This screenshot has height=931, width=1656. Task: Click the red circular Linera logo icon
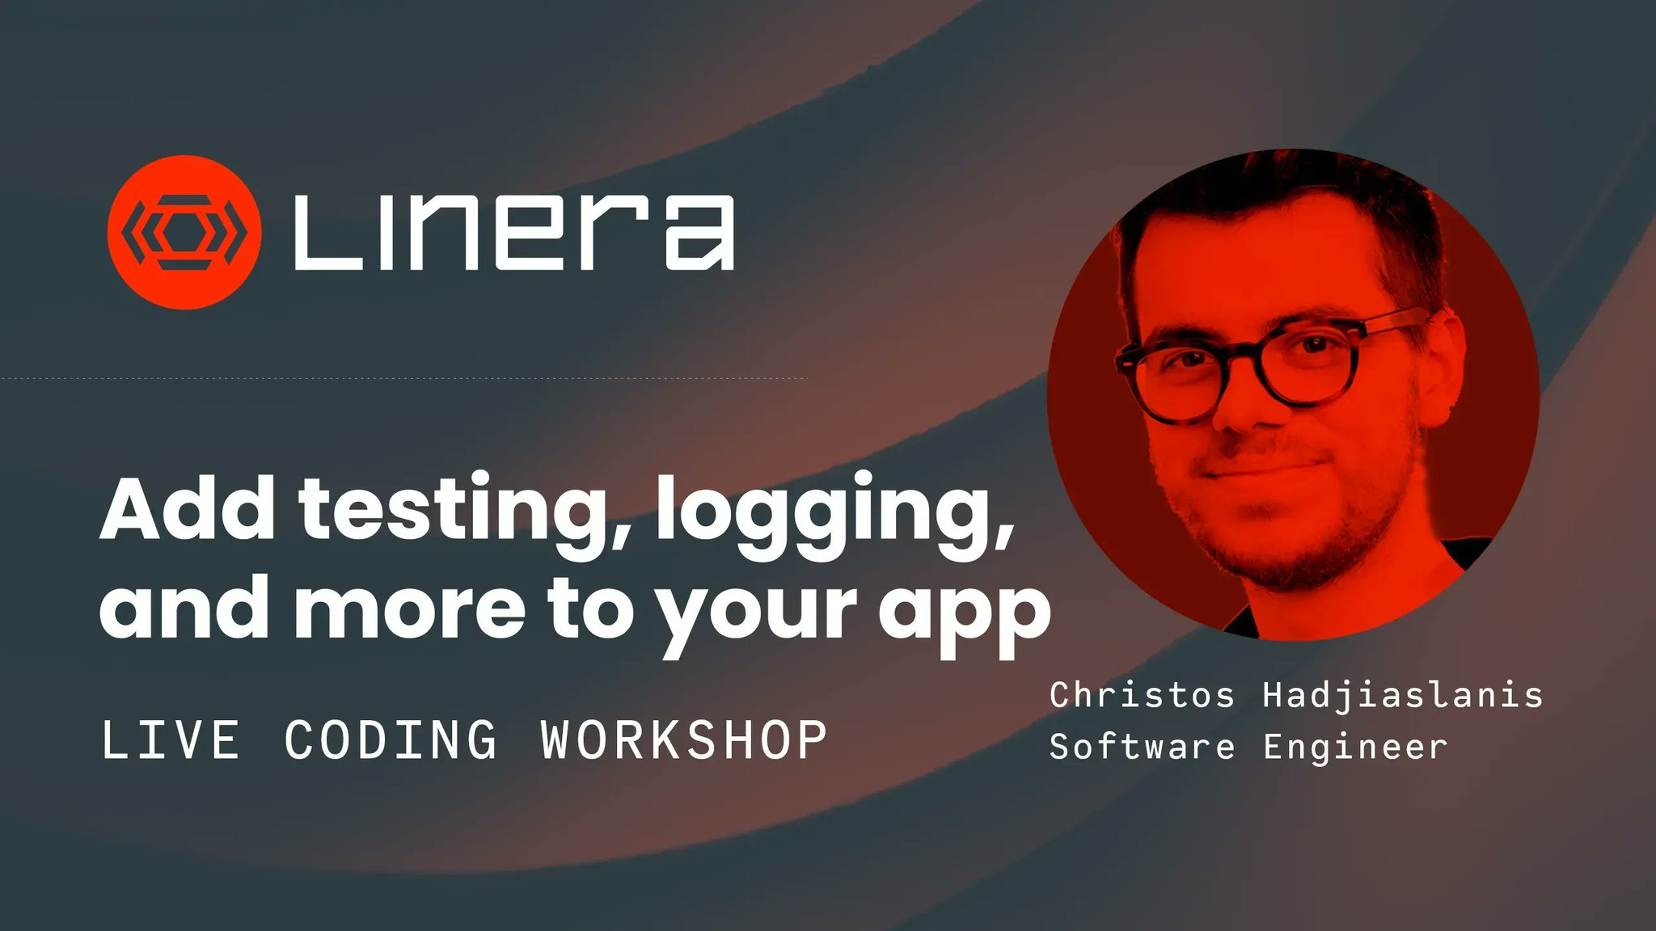pos(184,233)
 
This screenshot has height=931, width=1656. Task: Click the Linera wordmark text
pos(514,233)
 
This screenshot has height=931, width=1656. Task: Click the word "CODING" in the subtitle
pos(391,739)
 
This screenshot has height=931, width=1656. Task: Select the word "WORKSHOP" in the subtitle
pos(684,739)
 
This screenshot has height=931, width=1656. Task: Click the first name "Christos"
pos(1143,695)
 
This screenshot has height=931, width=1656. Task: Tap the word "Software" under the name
pos(1143,747)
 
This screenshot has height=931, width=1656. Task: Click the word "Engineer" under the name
pos(1355,748)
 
